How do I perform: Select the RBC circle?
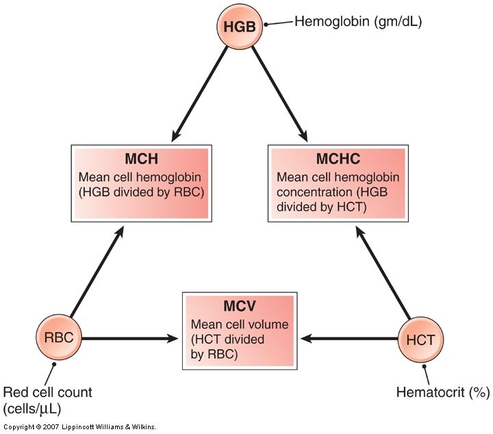click(x=59, y=337)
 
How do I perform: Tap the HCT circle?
click(x=421, y=338)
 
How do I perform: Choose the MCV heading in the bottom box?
click(x=239, y=306)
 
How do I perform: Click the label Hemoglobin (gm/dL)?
click(x=358, y=21)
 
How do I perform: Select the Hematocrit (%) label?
click(x=443, y=392)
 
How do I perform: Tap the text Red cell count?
click(x=47, y=392)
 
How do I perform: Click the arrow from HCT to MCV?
click(x=349, y=338)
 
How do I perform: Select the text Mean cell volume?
click(x=231, y=324)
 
